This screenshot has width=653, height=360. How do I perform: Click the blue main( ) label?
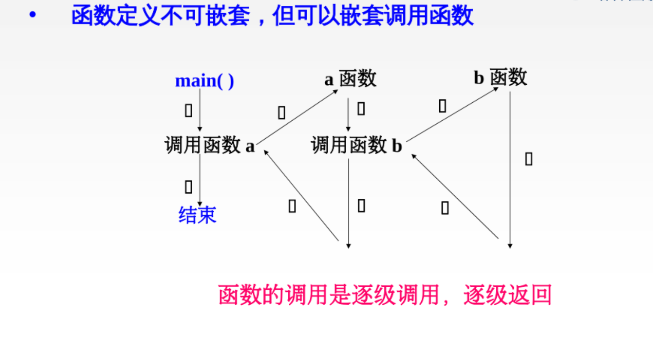click(x=205, y=81)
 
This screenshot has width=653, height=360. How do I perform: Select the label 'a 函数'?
click(x=350, y=79)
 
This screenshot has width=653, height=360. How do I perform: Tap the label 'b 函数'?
click(x=500, y=78)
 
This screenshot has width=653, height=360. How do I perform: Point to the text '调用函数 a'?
click(x=209, y=145)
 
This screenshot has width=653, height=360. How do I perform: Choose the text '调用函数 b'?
click(x=356, y=145)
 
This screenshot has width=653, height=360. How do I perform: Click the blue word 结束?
click(x=197, y=215)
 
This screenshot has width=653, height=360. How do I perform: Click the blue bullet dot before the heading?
click(x=32, y=15)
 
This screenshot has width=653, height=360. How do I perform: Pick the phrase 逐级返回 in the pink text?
click(x=507, y=295)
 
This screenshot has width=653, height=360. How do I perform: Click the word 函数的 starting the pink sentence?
click(x=251, y=295)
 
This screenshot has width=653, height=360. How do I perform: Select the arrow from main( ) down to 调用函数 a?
click(x=200, y=110)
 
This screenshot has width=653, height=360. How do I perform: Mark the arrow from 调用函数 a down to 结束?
click(x=200, y=180)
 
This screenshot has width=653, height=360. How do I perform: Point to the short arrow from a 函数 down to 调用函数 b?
click(x=348, y=114)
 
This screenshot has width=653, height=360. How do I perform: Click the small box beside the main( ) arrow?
click(x=189, y=111)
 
